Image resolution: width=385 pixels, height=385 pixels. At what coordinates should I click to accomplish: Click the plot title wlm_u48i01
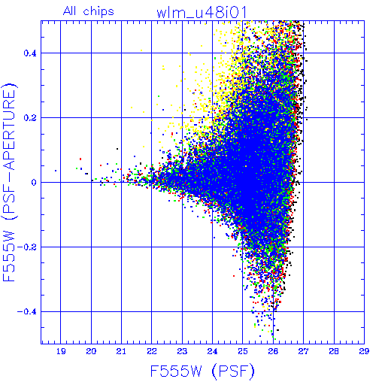[x=202, y=12]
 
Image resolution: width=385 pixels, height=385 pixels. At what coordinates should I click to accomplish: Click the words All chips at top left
[x=89, y=11]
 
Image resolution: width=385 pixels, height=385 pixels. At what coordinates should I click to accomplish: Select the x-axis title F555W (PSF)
[x=202, y=371]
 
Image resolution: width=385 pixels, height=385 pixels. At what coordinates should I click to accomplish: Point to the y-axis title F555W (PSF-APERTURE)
[x=10, y=183]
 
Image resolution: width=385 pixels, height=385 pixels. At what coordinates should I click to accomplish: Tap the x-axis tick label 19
[x=61, y=351]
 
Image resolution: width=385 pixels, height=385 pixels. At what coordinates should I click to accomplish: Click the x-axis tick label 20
[x=91, y=351]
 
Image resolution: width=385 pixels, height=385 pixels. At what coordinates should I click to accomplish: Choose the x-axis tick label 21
[x=121, y=351]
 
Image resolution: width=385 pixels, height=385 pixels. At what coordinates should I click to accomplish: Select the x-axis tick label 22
[x=152, y=351]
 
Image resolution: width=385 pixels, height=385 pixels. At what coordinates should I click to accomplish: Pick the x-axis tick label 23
[x=182, y=351]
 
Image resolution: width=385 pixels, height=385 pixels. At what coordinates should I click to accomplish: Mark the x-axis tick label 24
[x=213, y=351]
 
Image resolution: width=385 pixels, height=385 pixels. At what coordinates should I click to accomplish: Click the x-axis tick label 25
[x=243, y=351]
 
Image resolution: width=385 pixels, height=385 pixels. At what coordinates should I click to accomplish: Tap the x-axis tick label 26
[x=273, y=351]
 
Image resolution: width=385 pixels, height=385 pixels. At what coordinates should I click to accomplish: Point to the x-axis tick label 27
[x=304, y=351]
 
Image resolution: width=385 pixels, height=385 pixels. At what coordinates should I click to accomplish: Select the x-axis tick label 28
[x=334, y=351]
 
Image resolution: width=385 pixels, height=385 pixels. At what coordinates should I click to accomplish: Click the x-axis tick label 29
[x=364, y=351]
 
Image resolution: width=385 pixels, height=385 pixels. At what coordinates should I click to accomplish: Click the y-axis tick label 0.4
[x=30, y=53]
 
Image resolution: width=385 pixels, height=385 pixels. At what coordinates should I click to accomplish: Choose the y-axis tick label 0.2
[x=30, y=118]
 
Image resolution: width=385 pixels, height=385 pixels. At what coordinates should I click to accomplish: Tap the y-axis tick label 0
[x=34, y=183]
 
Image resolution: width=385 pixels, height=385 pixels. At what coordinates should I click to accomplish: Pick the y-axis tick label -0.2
[x=26, y=247]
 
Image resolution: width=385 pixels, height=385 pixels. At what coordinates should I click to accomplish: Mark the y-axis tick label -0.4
[x=26, y=312]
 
